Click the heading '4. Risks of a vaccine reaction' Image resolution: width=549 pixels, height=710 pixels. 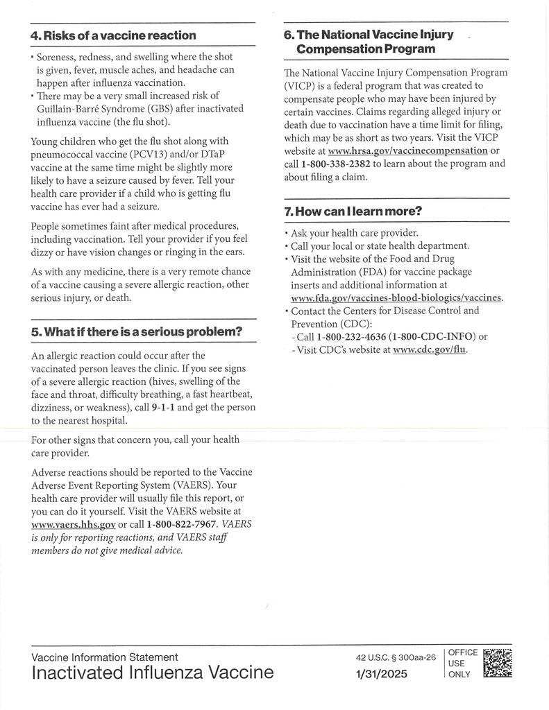[x=114, y=35]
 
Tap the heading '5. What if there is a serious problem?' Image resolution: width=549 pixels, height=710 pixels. [x=136, y=331]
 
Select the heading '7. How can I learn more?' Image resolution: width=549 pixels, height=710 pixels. [x=353, y=211]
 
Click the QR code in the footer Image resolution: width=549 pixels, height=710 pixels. [x=497, y=663]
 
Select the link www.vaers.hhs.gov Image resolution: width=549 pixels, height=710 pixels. [x=74, y=524]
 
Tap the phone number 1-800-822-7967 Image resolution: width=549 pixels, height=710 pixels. [x=182, y=524]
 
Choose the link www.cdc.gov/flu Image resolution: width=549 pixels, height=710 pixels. [x=430, y=350]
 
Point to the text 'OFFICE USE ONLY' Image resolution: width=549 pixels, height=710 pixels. [x=462, y=664]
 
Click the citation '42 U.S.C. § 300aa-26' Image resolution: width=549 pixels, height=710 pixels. [x=395, y=657]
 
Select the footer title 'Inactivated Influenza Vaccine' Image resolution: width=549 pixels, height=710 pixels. [x=152, y=673]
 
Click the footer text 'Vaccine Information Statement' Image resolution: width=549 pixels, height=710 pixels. [x=104, y=657]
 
